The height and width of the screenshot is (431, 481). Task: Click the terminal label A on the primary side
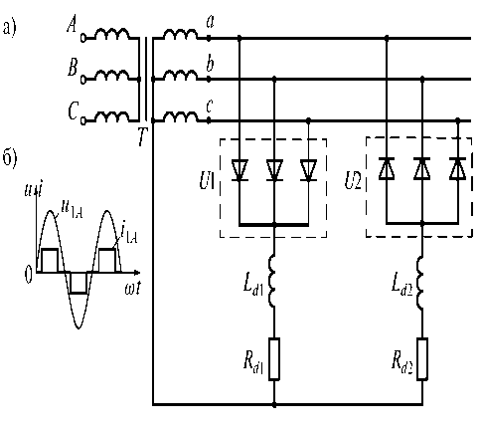pyautogui.click(x=72, y=25)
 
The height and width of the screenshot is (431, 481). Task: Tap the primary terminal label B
pyautogui.click(x=73, y=68)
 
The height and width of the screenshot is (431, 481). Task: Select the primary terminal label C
pyautogui.click(x=73, y=110)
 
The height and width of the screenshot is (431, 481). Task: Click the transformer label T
pyautogui.click(x=142, y=137)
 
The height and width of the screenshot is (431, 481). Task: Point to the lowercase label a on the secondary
pyautogui.click(x=210, y=22)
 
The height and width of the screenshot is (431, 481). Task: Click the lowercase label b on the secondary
pyautogui.click(x=210, y=63)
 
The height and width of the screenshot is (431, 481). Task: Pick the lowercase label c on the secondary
pyautogui.click(x=210, y=107)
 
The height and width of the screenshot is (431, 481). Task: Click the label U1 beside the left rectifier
pyautogui.click(x=207, y=181)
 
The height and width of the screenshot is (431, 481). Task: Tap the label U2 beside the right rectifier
pyautogui.click(x=353, y=181)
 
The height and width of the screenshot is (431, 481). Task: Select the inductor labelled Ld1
pyautogui.click(x=272, y=281)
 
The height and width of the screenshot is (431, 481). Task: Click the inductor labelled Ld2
pyautogui.click(x=420, y=283)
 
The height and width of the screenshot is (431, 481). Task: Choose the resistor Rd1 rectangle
pyautogui.click(x=274, y=358)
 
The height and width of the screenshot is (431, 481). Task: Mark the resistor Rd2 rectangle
pyautogui.click(x=422, y=358)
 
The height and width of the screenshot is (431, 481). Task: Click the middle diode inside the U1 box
pyautogui.click(x=274, y=170)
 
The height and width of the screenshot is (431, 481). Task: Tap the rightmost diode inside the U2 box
pyautogui.click(x=458, y=169)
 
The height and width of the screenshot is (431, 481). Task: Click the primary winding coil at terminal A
pyautogui.click(x=112, y=34)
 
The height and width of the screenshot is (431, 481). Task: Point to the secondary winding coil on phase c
pyautogui.click(x=181, y=116)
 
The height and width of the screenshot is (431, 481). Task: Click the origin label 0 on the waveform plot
pyautogui.click(x=29, y=276)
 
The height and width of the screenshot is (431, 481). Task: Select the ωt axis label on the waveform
pyautogui.click(x=132, y=288)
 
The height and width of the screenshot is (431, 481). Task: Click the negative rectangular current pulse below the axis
pyautogui.click(x=79, y=283)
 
